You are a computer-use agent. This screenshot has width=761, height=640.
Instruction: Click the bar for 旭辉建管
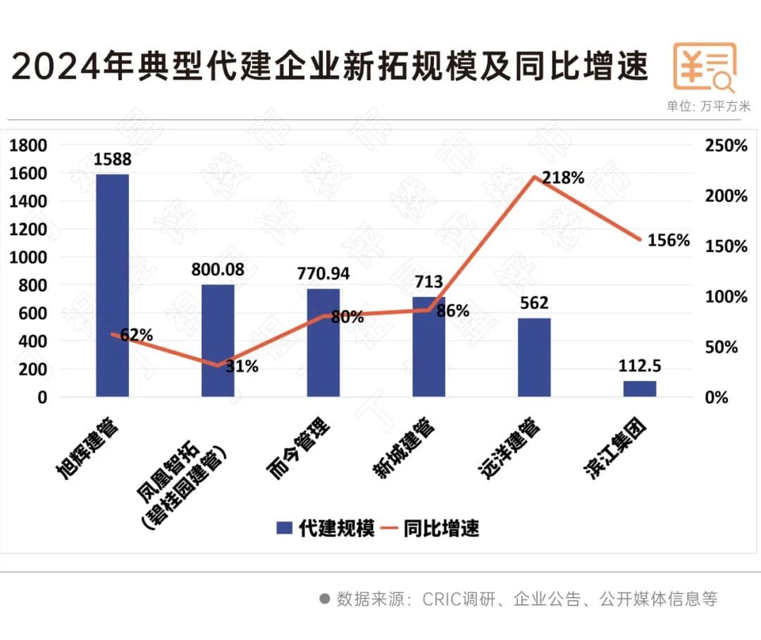[112, 284]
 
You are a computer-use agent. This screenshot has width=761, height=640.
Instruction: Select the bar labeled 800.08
[218, 340]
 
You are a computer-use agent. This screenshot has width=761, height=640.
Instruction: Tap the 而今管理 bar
[323, 342]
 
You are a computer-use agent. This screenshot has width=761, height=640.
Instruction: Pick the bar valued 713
[428, 346]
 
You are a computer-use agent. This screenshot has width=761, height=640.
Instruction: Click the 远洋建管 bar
[534, 357]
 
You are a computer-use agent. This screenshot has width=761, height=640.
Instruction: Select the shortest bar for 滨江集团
[640, 389]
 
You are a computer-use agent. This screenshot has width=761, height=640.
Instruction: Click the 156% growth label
[668, 240]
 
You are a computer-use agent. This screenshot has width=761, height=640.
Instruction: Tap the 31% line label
[242, 366]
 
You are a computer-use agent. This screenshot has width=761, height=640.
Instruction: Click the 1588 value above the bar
[113, 159]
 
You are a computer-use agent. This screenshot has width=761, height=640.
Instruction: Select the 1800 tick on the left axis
[28, 145]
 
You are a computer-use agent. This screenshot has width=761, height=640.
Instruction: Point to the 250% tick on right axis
[726, 146]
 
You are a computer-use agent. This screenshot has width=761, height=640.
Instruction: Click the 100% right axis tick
[726, 296]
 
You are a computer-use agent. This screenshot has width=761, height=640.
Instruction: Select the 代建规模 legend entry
[325, 529]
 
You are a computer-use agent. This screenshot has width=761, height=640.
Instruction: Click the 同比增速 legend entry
[431, 529]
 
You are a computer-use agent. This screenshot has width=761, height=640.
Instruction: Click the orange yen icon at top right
[705, 68]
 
